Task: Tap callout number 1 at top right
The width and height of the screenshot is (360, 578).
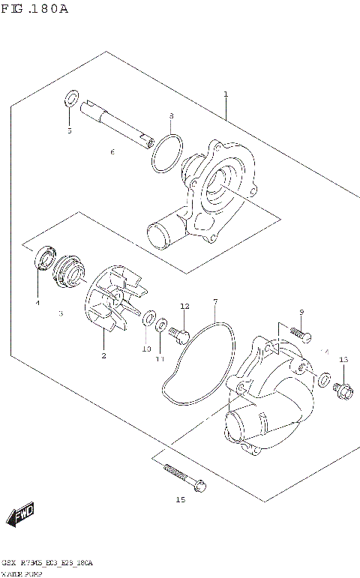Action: coord(225,95)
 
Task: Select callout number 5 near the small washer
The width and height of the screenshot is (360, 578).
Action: coord(69,130)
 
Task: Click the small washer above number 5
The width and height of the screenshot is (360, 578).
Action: coord(71,98)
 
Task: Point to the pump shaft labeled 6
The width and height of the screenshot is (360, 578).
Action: coord(120,123)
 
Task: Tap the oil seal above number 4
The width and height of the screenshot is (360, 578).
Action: coord(45,259)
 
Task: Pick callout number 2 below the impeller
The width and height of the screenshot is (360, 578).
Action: coord(103,355)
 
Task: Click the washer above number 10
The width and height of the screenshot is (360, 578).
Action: coord(148,317)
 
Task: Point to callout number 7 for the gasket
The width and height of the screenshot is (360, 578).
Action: coord(214,302)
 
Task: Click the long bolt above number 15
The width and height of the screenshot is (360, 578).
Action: coord(183,478)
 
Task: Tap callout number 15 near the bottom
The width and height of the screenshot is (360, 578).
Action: coord(180,500)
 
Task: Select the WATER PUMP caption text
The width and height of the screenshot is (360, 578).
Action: coord(23,572)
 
